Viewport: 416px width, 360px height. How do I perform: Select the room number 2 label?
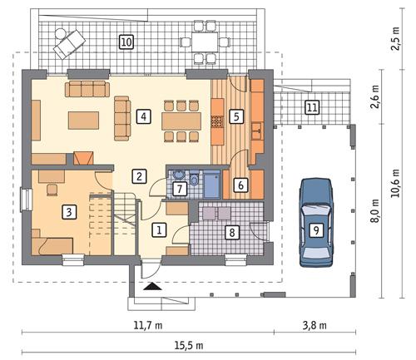140,175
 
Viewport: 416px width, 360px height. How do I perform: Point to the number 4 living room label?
144,116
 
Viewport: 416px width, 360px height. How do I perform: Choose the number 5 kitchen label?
237,116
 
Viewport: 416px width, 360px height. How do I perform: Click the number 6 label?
239,186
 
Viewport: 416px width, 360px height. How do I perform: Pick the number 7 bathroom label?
180,189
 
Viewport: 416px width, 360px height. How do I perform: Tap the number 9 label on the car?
315,230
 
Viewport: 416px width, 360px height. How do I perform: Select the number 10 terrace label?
126,41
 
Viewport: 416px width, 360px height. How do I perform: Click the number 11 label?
311,106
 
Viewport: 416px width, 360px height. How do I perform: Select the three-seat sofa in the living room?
87,88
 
